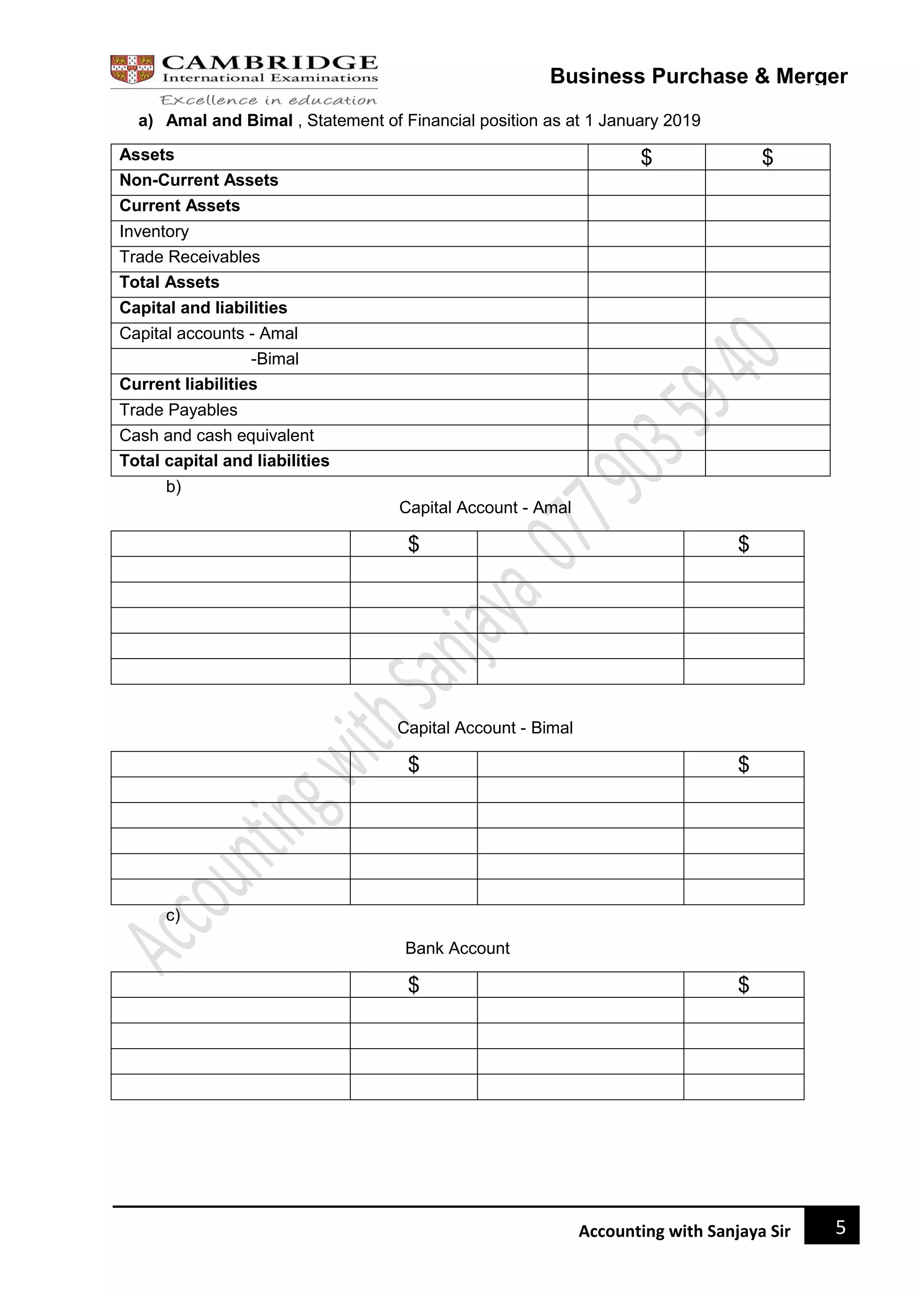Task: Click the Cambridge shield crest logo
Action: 132,69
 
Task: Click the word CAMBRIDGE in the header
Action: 269,63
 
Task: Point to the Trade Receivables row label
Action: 189,257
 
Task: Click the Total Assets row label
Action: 169,282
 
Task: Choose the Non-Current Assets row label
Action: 199,181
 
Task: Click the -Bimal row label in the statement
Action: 274,359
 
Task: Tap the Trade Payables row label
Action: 178,410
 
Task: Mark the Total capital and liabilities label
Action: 224,461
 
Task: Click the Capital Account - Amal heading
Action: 485,508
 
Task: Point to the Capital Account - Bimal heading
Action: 485,728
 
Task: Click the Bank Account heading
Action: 457,949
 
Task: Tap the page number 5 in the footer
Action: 840,1227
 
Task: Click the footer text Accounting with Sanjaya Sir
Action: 684,1231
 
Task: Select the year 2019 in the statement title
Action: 681,121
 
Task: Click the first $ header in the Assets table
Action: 646,157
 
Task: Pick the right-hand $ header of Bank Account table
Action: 743,985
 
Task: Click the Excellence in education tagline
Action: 268,101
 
